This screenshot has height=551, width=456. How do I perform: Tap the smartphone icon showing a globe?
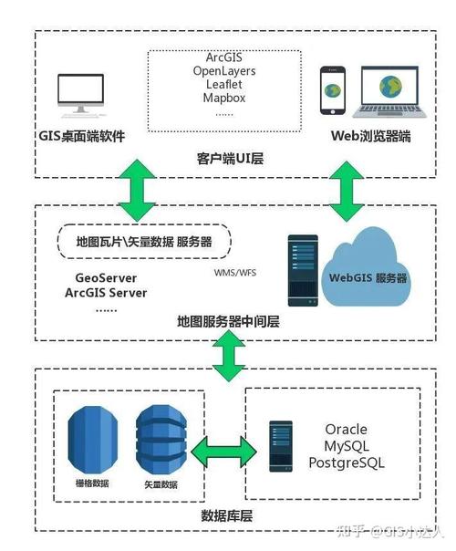pyautogui.click(x=334, y=90)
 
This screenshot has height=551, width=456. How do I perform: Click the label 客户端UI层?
pyautogui.click(x=230, y=158)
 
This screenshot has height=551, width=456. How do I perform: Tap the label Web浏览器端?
pyautogui.click(x=369, y=137)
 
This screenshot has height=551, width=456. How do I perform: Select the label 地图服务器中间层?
pyautogui.click(x=230, y=322)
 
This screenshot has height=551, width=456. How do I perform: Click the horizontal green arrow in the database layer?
pyautogui.click(x=223, y=449)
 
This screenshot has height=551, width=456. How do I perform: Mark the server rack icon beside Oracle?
pyautogui.click(x=282, y=445)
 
